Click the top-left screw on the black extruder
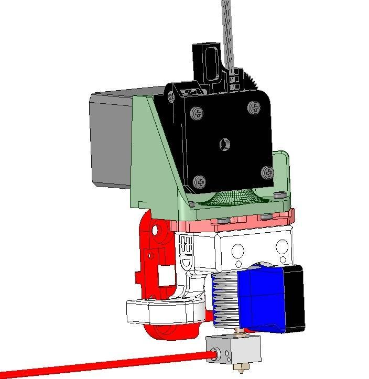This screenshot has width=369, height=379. [x=198, y=112]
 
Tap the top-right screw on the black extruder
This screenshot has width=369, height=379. [x=255, y=109]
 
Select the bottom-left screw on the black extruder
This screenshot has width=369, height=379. [x=200, y=182]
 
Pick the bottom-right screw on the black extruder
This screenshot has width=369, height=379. [x=267, y=172]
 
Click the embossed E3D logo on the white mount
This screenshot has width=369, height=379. [x=186, y=251]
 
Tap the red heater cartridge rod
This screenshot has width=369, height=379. [x=105, y=364]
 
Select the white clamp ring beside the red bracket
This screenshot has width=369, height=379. [x=162, y=312]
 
